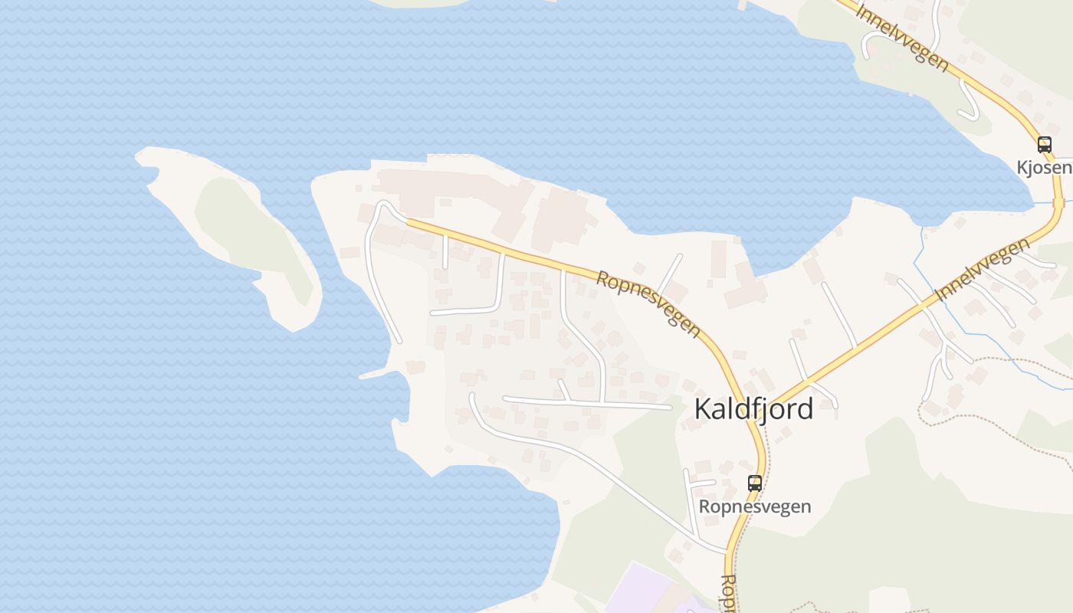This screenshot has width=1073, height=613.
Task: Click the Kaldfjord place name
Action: pos(753,409)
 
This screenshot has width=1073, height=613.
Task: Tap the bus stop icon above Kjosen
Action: pos(1044,144)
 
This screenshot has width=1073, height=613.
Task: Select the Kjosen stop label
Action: pos(1044,167)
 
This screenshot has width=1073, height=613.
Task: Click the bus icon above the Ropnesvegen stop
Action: pos(755,483)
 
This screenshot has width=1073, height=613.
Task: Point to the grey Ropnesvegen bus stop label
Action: pos(755,506)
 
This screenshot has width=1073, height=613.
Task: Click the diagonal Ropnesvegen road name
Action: pos(648,303)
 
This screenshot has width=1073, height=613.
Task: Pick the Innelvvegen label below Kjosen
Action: pos(983,268)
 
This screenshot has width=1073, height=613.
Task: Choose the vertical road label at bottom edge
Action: pos(728,594)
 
